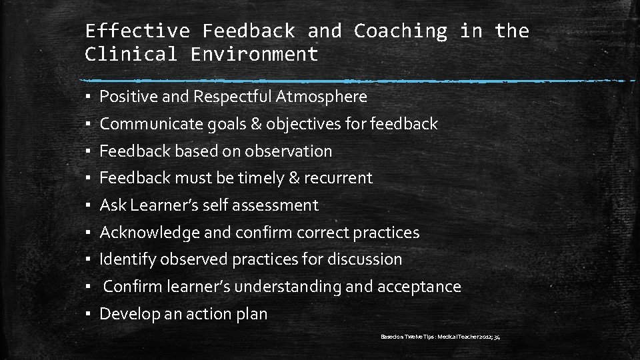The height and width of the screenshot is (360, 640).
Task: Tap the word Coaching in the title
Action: pos(400,31)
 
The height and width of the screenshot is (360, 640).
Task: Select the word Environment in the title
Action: pos(254,54)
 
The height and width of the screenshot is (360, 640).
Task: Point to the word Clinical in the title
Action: pos(131,54)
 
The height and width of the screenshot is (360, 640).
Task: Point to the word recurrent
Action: pos(339,178)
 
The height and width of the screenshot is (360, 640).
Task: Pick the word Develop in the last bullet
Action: pos(126,314)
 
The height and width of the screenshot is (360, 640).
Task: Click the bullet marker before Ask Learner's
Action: pos(88,206)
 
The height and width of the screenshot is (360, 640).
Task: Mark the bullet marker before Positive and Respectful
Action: pos(88,97)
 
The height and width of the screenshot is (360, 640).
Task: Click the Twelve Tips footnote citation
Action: pos(440,337)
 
